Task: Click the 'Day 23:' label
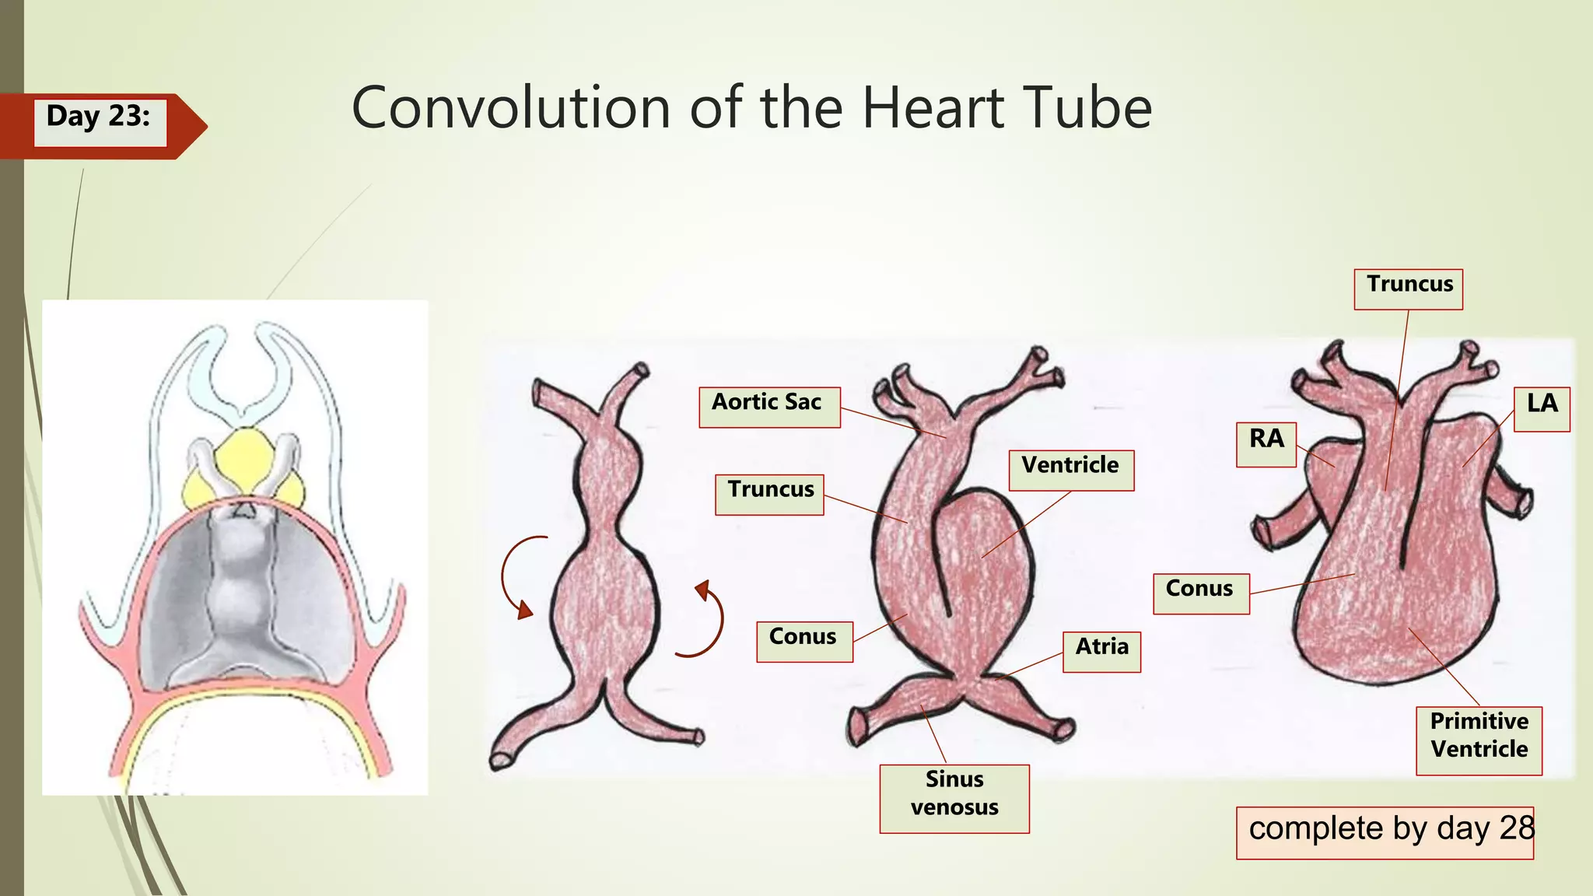[x=99, y=117]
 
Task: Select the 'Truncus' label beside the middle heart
[x=769, y=494]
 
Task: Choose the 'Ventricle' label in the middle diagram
[x=1070, y=469]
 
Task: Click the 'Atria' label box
[x=1101, y=651]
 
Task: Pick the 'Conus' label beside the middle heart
[x=804, y=641]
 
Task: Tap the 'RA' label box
[x=1266, y=443]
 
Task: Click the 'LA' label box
[x=1542, y=408]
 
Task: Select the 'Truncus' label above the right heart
[x=1408, y=289]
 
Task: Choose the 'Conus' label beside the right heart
[x=1200, y=593]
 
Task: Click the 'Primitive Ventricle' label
[x=1479, y=740]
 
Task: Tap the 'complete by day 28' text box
[x=1385, y=832]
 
